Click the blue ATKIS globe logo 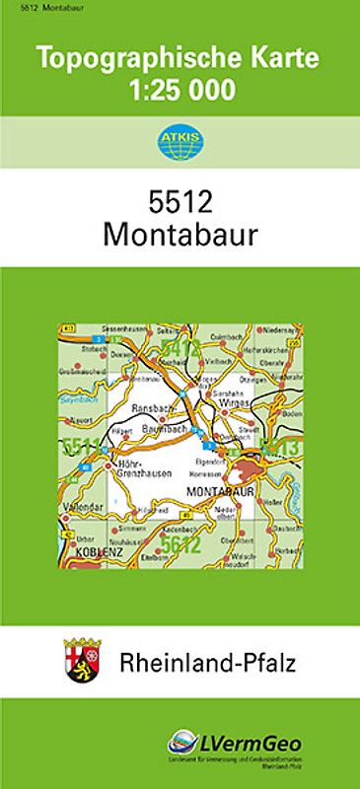click(179, 140)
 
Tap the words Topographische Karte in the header click(180, 59)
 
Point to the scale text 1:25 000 click(180, 92)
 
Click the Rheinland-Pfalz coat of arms click(81, 656)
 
